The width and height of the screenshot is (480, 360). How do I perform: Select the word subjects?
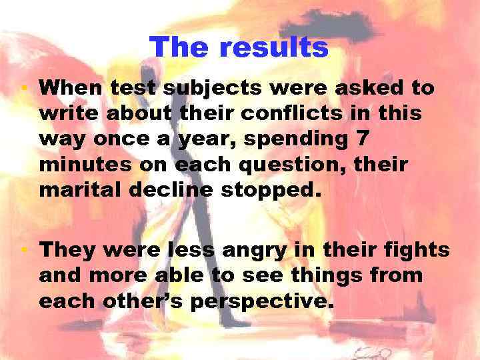[x=206, y=87]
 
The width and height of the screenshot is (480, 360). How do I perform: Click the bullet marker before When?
[x=22, y=87]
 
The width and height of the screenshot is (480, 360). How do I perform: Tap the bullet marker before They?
[x=22, y=250]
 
